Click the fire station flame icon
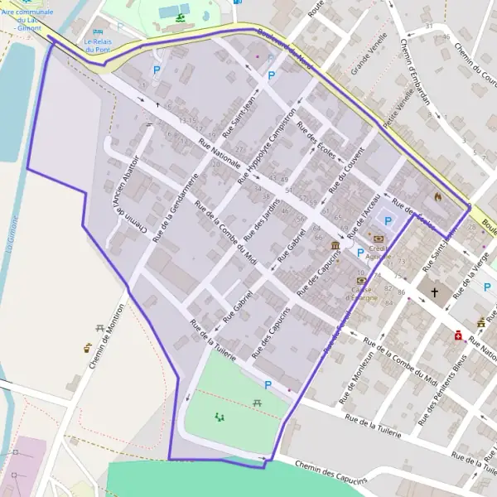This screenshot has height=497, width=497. pos(438,197)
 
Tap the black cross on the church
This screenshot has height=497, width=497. pos(434,292)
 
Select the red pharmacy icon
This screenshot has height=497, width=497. pos(456,335)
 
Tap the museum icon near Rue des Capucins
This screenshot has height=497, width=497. pos(335,246)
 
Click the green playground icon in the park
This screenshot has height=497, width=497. pos(220,417)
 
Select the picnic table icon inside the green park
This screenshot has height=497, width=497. pos(258,403)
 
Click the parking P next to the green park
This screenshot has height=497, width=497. pos(267,385)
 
